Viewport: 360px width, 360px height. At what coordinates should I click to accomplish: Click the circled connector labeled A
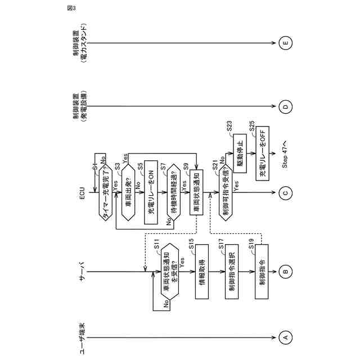[x=285, y=337]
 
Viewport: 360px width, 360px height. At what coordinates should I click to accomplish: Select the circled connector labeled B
[x=285, y=273]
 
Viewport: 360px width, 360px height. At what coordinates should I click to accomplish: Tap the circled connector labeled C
[x=285, y=193]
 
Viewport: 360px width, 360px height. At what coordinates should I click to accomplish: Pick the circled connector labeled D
[x=285, y=107]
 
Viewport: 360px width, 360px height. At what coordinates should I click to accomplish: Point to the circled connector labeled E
[x=285, y=43]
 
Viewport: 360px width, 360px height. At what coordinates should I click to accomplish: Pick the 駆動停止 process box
[x=240, y=152]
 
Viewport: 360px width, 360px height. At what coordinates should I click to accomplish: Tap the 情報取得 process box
[x=202, y=273]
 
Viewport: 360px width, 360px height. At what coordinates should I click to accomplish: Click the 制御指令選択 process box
[x=233, y=273]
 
